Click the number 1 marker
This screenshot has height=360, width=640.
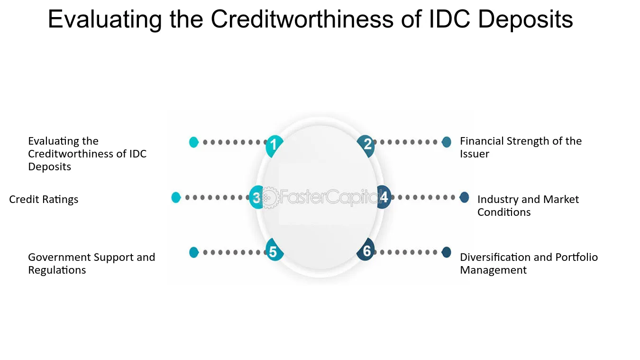[x=274, y=146]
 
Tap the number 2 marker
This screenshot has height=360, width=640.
[x=366, y=146]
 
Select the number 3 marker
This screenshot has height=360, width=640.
[x=256, y=197]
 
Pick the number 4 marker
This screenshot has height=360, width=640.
[x=384, y=197]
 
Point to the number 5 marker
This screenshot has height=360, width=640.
[x=274, y=250]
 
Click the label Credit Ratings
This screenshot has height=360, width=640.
[x=44, y=199]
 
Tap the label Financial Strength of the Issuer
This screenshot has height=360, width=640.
[x=521, y=148]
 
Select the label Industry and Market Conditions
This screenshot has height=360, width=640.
[x=528, y=205]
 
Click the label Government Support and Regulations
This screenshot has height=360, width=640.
[x=91, y=264]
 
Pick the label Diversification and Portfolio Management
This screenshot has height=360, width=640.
[x=529, y=264]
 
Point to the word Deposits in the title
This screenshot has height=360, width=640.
[x=525, y=20]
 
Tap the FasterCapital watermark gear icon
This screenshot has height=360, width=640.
[x=269, y=198]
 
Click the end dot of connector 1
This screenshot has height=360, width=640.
[x=194, y=142]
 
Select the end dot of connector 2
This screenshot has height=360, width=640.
[x=446, y=142]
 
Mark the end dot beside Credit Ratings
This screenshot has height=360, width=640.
[x=176, y=197]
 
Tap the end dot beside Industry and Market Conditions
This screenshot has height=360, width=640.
[x=464, y=197]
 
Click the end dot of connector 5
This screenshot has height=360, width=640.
[x=194, y=252]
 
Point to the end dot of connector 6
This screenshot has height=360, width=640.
[x=446, y=252]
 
